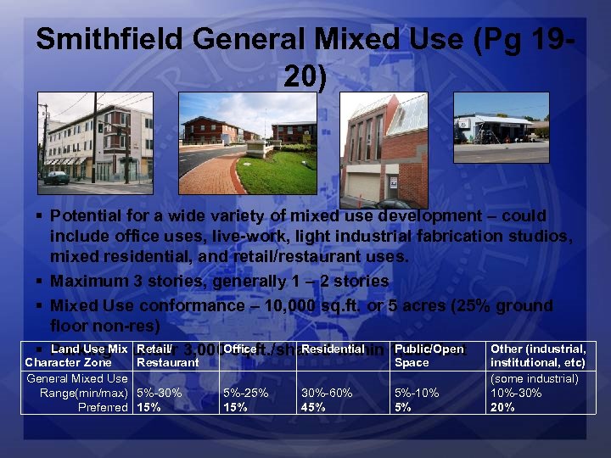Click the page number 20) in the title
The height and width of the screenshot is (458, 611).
pyautogui.click(x=305, y=77)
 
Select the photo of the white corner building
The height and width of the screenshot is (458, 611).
pyautogui.click(x=96, y=138)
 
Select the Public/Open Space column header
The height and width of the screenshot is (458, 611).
pyautogui.click(x=429, y=355)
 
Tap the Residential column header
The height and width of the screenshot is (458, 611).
pyautogui.click(x=333, y=349)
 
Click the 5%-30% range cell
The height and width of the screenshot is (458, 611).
pyautogui.click(x=160, y=394)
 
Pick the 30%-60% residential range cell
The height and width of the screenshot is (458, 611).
pyautogui.click(x=327, y=394)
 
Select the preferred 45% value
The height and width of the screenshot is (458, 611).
pyautogui.click(x=313, y=407)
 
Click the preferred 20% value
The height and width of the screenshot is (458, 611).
pyautogui.click(x=502, y=407)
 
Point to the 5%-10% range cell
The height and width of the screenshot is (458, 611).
pyautogui.click(x=418, y=394)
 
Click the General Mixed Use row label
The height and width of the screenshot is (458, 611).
pyautogui.click(x=77, y=379)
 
